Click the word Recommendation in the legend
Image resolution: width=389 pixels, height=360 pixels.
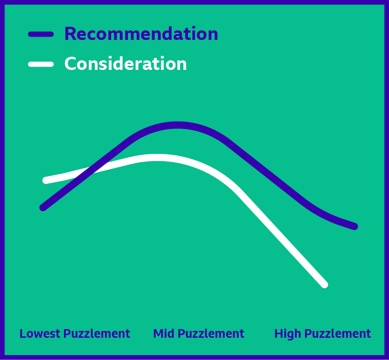[141, 34]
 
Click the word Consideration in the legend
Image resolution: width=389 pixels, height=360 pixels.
[126, 64]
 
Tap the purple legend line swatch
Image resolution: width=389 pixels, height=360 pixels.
[41, 34]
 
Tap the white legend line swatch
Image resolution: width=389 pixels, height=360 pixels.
[41, 64]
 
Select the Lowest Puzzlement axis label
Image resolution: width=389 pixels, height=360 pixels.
[75, 334]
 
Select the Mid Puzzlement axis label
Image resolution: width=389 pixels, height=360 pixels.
[199, 334]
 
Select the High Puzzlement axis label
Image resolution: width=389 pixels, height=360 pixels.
[323, 334]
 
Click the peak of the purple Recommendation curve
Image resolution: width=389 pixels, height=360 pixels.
[177, 125]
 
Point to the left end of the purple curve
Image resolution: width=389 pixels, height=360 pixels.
[43, 207]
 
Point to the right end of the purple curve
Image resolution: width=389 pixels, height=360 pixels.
[355, 227]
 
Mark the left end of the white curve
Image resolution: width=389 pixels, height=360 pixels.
[46, 180]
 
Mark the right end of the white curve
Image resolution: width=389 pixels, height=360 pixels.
[325, 285]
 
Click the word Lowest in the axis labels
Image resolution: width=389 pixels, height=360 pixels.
[40, 334]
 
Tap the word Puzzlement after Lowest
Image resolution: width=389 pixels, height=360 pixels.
[97, 334]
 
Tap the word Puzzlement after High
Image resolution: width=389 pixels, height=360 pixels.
[338, 334]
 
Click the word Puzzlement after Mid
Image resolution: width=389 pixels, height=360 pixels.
[211, 334]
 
